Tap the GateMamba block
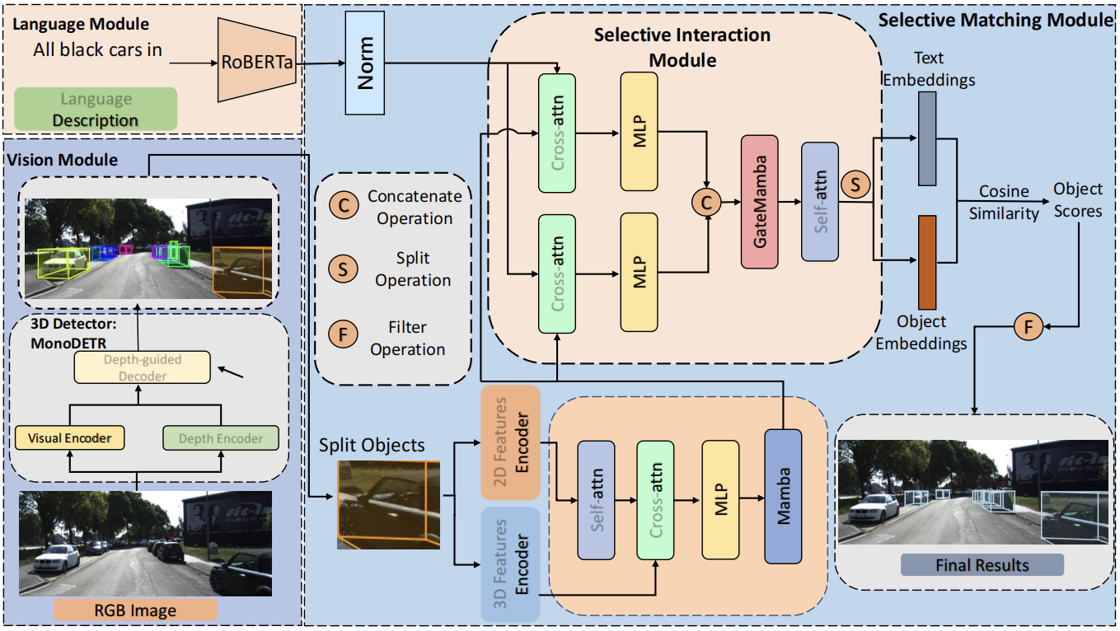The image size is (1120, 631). (760, 201)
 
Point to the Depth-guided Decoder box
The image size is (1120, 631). (141, 367)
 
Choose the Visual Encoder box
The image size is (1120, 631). (69, 437)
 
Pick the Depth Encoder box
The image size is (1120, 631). (221, 437)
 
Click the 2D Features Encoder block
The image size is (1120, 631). (510, 442)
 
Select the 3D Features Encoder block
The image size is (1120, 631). (510, 563)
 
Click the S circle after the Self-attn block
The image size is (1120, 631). (855, 185)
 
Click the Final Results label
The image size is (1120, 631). (982, 565)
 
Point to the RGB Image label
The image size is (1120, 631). (135, 610)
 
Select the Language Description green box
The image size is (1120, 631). (96, 109)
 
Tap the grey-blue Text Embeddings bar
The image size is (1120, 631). (927, 138)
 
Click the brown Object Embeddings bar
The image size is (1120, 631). (927, 262)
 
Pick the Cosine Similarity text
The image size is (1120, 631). (1003, 202)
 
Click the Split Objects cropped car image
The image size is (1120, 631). (388, 505)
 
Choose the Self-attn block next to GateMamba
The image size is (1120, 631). (819, 201)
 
